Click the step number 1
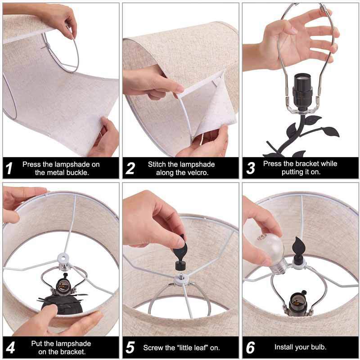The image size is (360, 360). click(9, 168)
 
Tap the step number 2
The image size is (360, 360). click(130, 168)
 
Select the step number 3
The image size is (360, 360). click(251, 168)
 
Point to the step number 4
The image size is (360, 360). click(10, 348)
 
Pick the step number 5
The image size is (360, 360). click(130, 347)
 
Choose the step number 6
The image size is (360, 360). click(251, 347)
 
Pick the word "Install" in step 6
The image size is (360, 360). click(283, 347)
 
